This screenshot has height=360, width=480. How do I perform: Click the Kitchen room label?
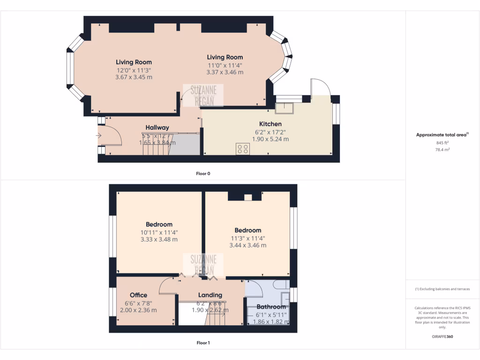pos(270,124)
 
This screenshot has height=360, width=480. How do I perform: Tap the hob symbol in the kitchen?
pos(243,149)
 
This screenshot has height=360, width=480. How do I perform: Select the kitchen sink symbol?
pos(284,108)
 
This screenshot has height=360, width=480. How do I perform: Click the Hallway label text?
pos(157,127)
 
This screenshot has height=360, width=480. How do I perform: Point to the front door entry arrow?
pos(98,136)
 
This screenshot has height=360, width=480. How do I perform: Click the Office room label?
pos(138,295)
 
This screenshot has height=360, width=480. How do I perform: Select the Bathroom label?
pos(271,307)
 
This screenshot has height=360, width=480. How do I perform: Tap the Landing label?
pos(210,295)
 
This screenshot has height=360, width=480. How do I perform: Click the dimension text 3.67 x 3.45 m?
pos(134,77)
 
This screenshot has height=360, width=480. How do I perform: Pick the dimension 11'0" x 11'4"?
pos(225,65)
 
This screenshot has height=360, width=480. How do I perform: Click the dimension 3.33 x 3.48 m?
pos(159,239)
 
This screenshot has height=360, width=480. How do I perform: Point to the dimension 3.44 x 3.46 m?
pos(247,245)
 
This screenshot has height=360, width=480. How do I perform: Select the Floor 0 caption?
pos(203,173)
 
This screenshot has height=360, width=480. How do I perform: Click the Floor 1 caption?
pos(203,343)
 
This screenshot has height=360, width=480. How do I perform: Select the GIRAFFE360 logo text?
pos(442,337)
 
